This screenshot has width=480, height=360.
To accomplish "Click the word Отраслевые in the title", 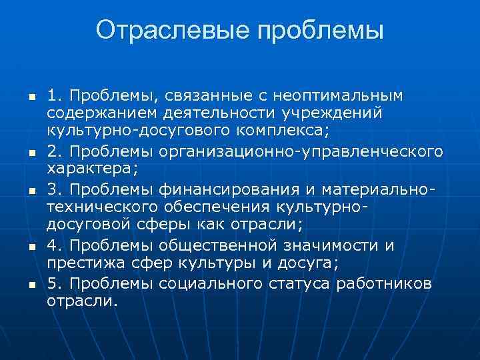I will (172, 31).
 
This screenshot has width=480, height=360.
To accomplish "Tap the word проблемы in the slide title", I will (321, 31).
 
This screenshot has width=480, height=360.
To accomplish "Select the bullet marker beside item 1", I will (21, 97).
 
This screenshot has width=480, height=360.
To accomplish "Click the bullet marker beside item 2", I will (21, 153).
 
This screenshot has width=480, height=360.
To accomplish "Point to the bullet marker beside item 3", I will (21, 191).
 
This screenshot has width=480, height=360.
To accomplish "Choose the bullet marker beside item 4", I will (21, 247).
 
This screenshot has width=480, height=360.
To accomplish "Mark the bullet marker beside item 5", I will (21, 284).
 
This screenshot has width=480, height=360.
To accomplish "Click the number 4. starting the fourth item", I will (54, 245).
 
